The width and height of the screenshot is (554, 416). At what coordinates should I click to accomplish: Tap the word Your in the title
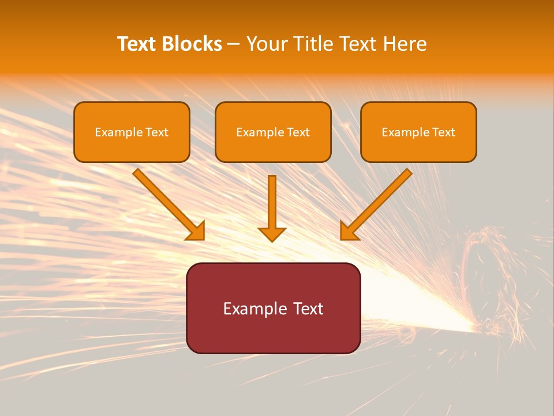pyautogui.click(x=268, y=44)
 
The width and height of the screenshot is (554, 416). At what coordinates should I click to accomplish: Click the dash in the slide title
pyautogui.click(x=234, y=44)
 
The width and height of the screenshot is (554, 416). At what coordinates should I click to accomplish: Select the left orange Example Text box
pyautogui.click(x=132, y=132)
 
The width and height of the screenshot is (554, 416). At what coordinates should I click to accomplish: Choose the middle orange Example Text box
pyautogui.click(x=273, y=132)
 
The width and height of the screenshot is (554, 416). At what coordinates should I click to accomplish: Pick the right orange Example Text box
pyautogui.click(x=418, y=132)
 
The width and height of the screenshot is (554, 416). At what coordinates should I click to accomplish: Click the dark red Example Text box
pyautogui.click(x=273, y=308)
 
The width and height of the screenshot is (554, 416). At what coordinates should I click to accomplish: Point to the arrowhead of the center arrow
pyautogui.click(x=272, y=234)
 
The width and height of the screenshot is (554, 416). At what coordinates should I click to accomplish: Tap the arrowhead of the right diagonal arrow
pyautogui.click(x=348, y=231)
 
